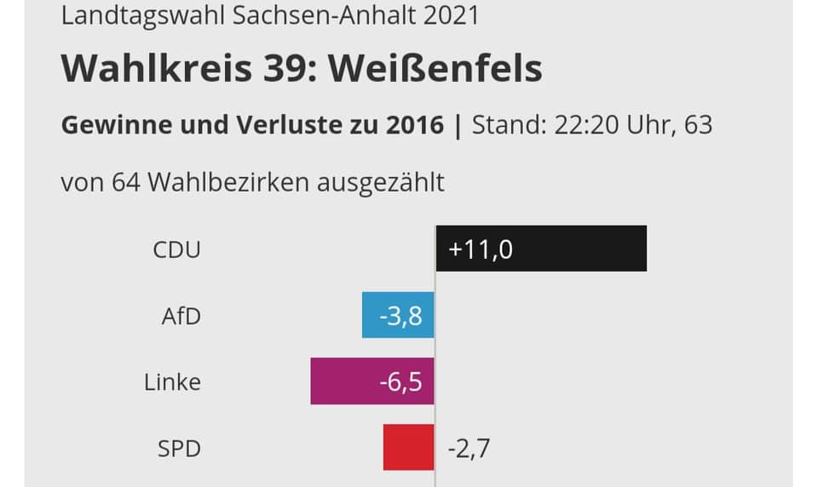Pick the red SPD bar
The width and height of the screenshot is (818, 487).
pos(408,447)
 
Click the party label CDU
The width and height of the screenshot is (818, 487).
pos(176,250)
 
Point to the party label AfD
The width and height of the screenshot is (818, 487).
pos(181,317)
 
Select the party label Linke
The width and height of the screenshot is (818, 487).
pos(172,382)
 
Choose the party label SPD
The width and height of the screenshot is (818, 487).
pos(179,448)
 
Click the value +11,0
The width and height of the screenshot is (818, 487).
pos(481,249)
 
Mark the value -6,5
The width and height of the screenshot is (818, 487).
pos(400,382)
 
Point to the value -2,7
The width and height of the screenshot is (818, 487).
pos(469,448)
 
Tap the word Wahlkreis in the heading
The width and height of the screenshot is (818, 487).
pos(156,69)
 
